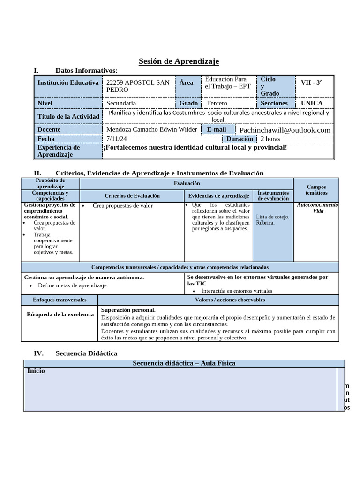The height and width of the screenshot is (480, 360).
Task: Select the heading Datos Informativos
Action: pyautogui.click(x=86, y=70)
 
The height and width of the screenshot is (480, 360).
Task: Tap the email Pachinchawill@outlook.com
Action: pyautogui.click(x=285, y=130)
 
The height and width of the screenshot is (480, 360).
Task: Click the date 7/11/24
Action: pyautogui.click(x=116, y=139)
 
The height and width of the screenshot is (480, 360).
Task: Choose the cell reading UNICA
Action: pyautogui.click(x=312, y=103)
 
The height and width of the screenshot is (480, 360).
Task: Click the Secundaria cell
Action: pyautogui.click(x=121, y=103)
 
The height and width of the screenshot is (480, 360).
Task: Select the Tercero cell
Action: pyautogui.click(x=217, y=103)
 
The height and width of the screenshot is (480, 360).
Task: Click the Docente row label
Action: pyautogui.click(x=50, y=129)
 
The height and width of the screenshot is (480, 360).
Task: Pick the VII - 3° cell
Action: pyautogui.click(x=312, y=82)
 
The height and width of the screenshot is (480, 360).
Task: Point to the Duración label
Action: pyautogui.click(x=240, y=139)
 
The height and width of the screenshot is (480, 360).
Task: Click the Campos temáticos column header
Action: pyautogui.click(x=316, y=190)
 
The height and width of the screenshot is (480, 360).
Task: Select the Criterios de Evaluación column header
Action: pyautogui.click(x=132, y=196)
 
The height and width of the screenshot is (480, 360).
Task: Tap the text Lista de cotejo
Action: pyautogui.click(x=273, y=217)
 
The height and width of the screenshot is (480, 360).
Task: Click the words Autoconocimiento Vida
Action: pyautogui.click(x=318, y=208)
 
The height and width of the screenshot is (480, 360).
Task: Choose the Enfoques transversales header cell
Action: pyautogui.click(x=60, y=300)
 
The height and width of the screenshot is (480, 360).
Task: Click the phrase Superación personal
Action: pyautogui.click(x=128, y=310)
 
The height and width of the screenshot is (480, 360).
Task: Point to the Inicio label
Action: pyautogui.click(x=36, y=371)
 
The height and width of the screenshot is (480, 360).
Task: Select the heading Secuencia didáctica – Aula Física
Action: pyautogui.click(x=184, y=363)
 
